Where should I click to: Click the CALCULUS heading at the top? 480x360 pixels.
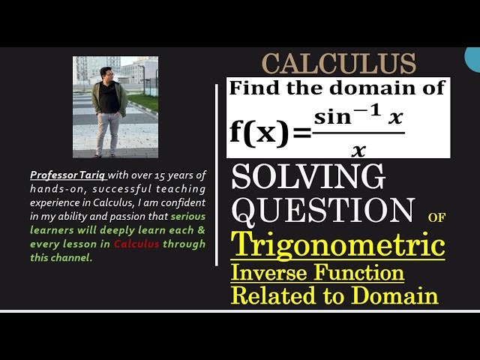pyautogui.click(x=339, y=62)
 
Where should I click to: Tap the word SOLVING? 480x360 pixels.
pyautogui.click(x=308, y=178)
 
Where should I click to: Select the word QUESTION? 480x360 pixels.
pyautogui.click(x=323, y=210)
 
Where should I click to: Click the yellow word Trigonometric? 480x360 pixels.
pyautogui.click(x=337, y=245)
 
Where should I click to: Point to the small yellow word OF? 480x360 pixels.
pyautogui.click(x=436, y=217)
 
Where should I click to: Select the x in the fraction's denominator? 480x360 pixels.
pyautogui.click(x=358, y=150)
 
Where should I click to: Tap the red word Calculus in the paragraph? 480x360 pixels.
pyautogui.click(x=136, y=244)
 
